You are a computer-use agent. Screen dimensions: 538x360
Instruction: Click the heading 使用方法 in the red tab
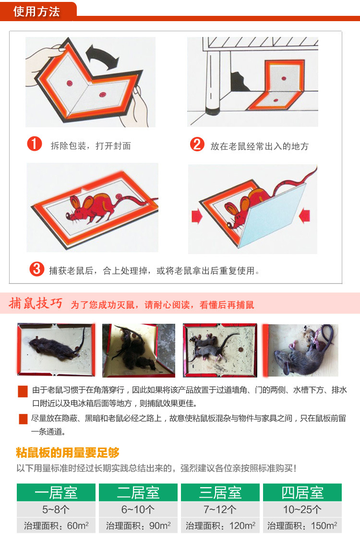tap(36, 11)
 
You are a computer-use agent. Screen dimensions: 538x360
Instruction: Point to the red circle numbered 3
tap(36, 269)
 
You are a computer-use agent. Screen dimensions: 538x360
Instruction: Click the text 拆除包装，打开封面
tap(91, 146)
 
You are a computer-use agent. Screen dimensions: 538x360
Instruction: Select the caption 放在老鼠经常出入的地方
tap(259, 146)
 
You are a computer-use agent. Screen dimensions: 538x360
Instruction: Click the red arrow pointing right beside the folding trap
tap(197, 217)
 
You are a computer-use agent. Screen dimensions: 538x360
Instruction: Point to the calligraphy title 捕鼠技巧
tap(36, 304)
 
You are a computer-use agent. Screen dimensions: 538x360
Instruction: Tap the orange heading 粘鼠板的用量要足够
tap(68, 452)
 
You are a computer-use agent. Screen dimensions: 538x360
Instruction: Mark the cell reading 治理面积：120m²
tap(220, 525)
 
